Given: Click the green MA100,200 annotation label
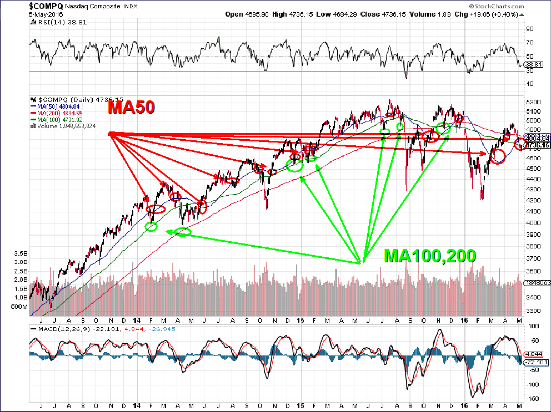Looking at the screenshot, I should click(430, 256).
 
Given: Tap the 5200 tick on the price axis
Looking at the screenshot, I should click(533, 103).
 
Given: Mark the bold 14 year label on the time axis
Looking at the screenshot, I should click(137, 320).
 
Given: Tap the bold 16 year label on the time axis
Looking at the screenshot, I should click(465, 320).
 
